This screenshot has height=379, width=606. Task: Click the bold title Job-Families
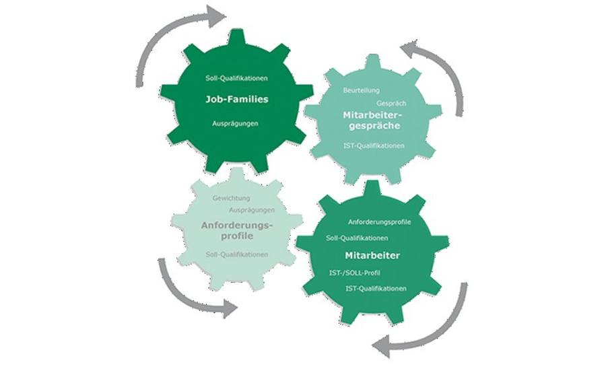click(x=236, y=99)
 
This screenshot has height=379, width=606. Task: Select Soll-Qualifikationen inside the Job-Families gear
click(x=236, y=78)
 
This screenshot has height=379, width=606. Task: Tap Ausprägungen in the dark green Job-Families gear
click(x=235, y=124)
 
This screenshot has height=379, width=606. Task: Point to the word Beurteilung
click(x=362, y=90)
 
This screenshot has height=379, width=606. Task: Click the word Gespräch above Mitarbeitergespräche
click(x=391, y=104)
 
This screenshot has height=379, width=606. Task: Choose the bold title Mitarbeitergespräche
click(x=372, y=120)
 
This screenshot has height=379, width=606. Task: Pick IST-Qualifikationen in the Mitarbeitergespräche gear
click(x=374, y=145)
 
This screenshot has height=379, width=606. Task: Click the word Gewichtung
click(x=231, y=198)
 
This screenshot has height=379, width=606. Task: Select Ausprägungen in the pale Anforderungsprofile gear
click(x=252, y=210)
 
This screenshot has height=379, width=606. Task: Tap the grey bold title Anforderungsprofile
click(x=237, y=230)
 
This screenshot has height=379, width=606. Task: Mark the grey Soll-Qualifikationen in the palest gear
click(x=237, y=254)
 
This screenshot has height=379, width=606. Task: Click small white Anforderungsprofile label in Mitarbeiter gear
click(x=380, y=222)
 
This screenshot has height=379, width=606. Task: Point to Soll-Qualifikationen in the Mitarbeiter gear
click(x=357, y=238)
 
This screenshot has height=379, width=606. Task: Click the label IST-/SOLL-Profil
click(x=355, y=273)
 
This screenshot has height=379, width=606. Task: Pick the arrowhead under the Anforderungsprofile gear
click(x=230, y=308)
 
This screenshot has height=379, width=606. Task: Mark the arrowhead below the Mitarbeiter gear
click(x=382, y=346)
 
